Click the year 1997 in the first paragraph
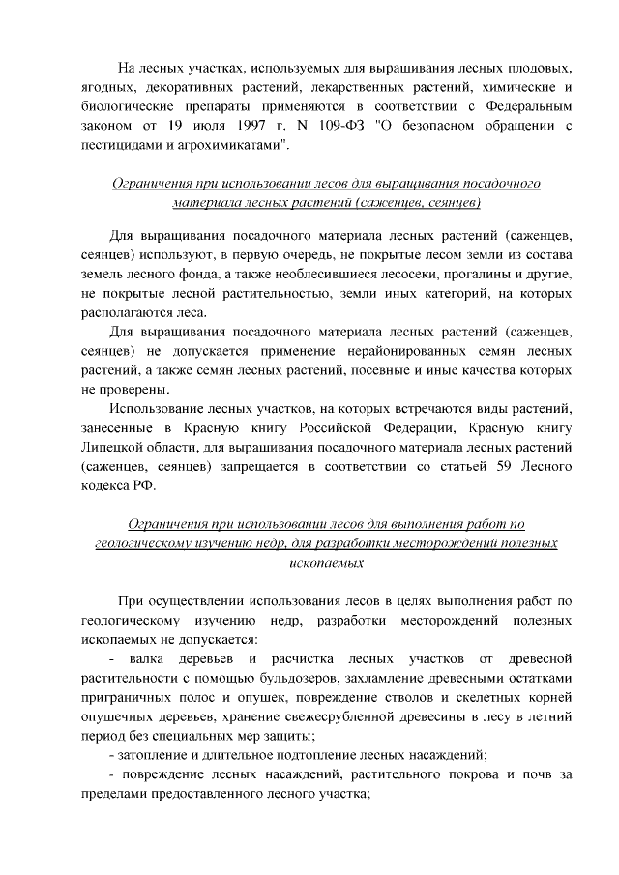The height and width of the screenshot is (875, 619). pos(220,125)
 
